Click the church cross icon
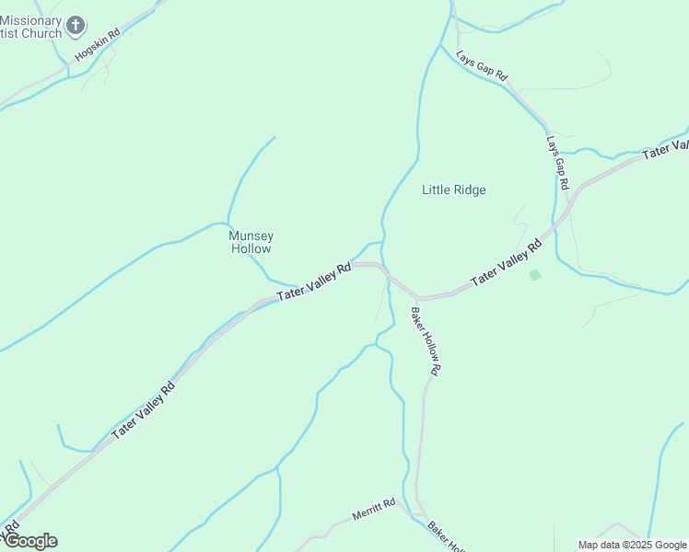[76, 25]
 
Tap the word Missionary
[31, 20]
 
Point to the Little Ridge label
[453, 190]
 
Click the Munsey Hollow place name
[251, 242]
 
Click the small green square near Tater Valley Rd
[534, 275]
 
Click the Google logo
[30, 541]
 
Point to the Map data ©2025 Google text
[631, 545]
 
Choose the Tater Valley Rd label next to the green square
[506, 262]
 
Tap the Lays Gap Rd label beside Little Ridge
[556, 164]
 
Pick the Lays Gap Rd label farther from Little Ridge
[483, 66]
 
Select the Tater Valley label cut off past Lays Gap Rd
[666, 150]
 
